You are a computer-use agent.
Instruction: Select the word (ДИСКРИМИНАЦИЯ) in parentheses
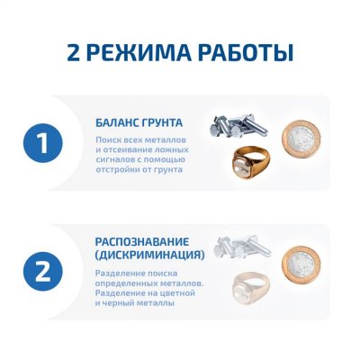(x=148, y=256)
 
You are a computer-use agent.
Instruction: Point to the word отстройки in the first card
(x=116, y=169)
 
